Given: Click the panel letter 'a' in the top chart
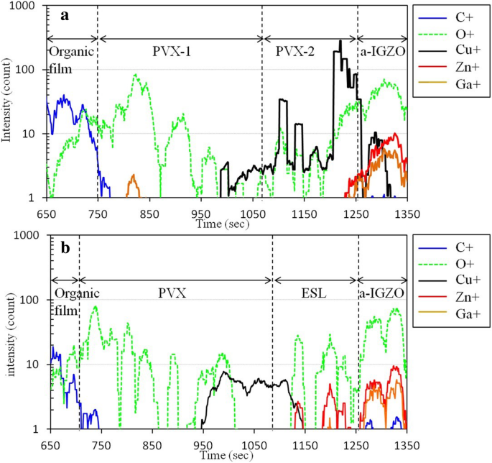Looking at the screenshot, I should click(64, 15).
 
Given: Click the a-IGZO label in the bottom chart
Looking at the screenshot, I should click(382, 293).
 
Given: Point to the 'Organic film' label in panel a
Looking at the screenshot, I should click(70, 60).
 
